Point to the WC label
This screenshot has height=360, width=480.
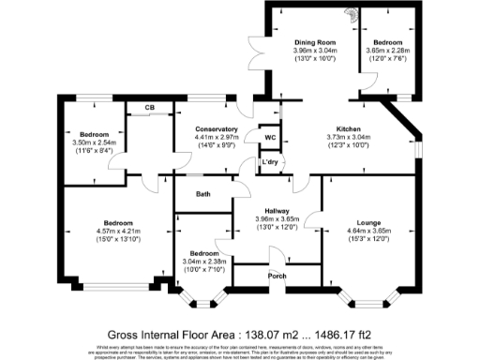pyautogui.click(x=270, y=138)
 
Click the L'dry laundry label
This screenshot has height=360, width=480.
pyautogui.click(x=271, y=163)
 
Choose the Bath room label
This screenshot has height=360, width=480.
pyautogui.click(x=202, y=194)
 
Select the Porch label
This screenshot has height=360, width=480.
pyautogui.click(x=277, y=276)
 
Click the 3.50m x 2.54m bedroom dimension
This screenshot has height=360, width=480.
pyautogui.click(x=94, y=142)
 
